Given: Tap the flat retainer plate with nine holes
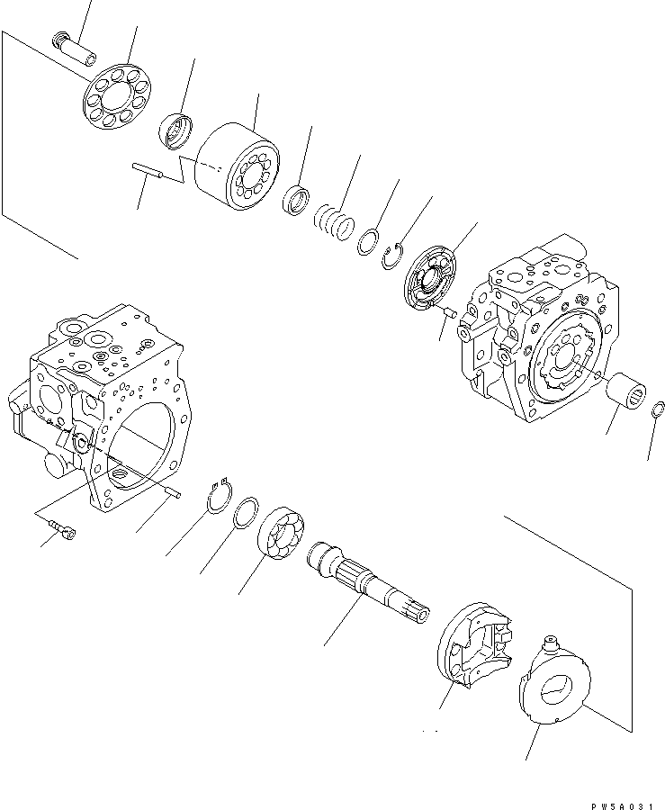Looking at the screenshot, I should [x=119, y=98].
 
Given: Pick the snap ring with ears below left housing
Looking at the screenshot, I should [x=218, y=495].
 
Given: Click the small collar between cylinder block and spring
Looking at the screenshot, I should [x=296, y=201].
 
